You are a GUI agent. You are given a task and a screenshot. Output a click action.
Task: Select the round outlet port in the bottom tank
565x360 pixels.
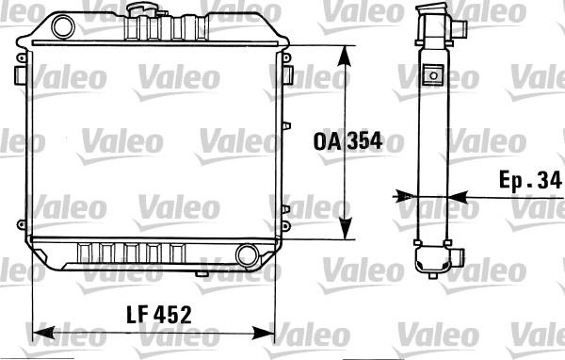[247, 254]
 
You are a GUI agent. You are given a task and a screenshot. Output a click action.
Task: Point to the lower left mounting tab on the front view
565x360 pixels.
[21, 224]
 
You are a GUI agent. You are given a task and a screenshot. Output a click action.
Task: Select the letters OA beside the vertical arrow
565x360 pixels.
[325, 142]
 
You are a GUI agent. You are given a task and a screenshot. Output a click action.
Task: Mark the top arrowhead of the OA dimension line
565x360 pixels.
[347, 53]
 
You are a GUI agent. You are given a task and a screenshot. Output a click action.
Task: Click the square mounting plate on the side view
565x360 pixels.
[434, 74]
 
